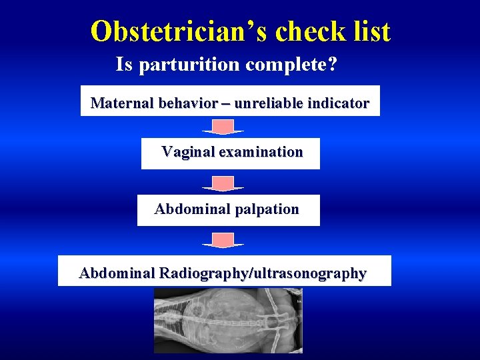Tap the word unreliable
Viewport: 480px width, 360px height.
(268, 103)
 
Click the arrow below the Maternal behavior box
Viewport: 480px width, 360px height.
(223, 127)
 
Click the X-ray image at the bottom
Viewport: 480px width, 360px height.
(228, 320)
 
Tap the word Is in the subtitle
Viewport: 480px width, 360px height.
(123, 65)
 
